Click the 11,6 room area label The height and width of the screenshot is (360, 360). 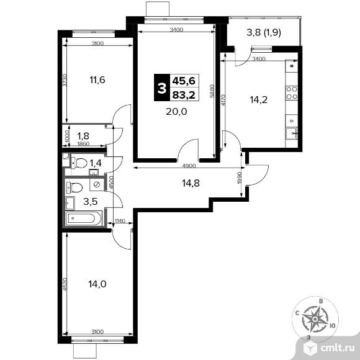point(97,80)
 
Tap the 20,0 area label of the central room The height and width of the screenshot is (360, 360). point(176,112)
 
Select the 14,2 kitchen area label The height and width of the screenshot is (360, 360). point(259,100)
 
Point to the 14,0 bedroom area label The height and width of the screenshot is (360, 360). point(97,284)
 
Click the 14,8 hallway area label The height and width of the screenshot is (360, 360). point(191,183)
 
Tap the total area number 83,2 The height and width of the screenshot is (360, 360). point(184,95)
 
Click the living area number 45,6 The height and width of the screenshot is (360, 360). point(184,81)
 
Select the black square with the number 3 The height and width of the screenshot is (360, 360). point(162,88)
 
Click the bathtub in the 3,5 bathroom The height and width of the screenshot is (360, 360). point(83,218)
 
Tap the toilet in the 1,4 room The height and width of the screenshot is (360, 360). point(79,163)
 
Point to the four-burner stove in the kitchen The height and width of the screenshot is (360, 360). point(292,92)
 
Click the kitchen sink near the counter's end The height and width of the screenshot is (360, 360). point(292,133)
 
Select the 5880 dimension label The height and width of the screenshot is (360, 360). point(212,91)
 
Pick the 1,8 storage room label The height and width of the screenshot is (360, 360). point(83,136)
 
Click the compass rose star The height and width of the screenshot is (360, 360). point(315,320)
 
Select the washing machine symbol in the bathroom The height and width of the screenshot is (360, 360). point(97,184)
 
